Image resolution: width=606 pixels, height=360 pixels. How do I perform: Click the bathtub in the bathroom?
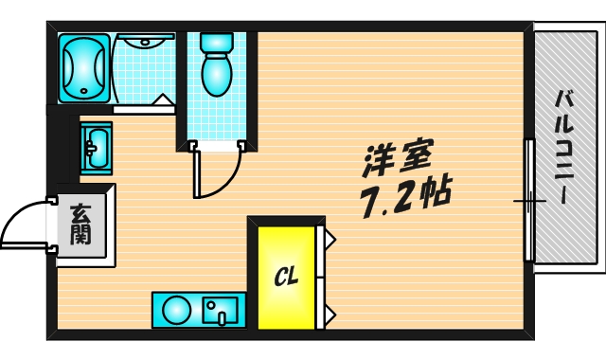(x=84, y=67)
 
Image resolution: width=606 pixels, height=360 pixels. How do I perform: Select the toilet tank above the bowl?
(x=217, y=42)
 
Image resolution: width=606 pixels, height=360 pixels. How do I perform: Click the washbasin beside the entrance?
(x=96, y=148)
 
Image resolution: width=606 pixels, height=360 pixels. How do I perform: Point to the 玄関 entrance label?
(x=80, y=225)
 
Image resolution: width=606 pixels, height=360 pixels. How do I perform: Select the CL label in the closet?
(x=286, y=277)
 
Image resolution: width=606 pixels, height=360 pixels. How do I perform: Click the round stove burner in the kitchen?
(x=176, y=310)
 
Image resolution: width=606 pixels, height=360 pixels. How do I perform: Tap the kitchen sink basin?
(x=223, y=309)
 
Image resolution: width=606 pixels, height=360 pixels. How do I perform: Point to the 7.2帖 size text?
(x=402, y=197)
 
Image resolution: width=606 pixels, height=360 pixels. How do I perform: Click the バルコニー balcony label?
(x=564, y=147)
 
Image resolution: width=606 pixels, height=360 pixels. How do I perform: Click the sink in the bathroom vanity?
(x=147, y=40)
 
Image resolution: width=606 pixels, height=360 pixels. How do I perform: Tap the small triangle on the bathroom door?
(x=162, y=99)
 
